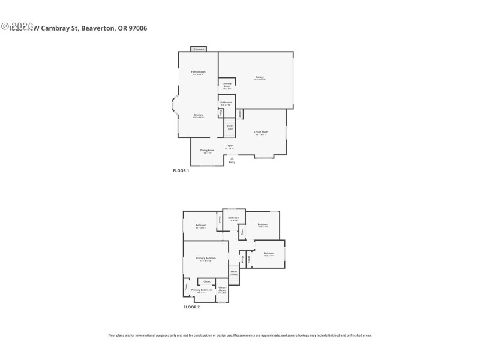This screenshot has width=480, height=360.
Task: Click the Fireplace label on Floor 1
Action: tap(199, 49)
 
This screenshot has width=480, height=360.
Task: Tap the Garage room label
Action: tap(260, 77)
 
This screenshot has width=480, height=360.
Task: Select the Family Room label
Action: tap(198, 73)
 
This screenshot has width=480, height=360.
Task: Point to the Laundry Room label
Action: tap(227, 85)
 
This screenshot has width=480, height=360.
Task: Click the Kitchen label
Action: tap(198, 115)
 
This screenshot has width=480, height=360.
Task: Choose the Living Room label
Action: tap(261, 132)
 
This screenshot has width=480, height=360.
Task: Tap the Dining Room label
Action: tap(207, 151)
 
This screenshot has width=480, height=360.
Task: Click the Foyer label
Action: tap(229, 146)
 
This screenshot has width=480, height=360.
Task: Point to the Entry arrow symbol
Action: tap(232, 158)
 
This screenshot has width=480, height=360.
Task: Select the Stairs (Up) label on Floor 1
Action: tap(230, 127)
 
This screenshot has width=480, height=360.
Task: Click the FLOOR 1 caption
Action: tap(181, 171)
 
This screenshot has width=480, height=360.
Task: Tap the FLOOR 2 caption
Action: tap(191, 307)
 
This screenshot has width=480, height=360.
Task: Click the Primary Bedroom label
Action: tap(206, 259)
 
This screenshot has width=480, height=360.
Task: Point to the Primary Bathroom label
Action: tap(202, 291)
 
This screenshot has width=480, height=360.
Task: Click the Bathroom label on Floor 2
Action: tap(234, 218)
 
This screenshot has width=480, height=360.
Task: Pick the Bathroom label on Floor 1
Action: tap(226, 103)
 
